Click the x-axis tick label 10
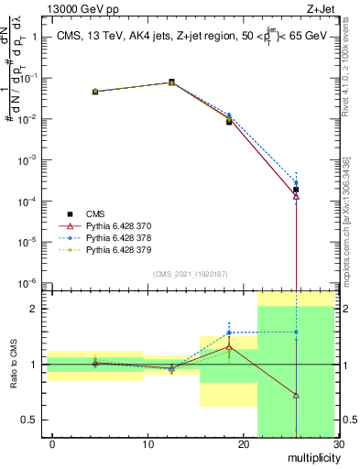click(x=147, y=444)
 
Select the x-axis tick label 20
click(x=243, y=444)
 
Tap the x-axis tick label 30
click(x=338, y=444)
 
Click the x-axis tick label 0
click(x=52, y=444)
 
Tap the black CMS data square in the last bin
click(x=296, y=190)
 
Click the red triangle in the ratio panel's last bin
click(x=296, y=395)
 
